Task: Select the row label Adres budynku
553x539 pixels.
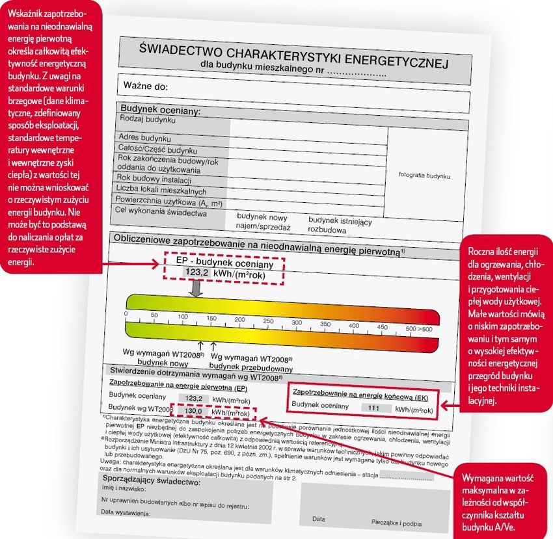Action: [144, 138]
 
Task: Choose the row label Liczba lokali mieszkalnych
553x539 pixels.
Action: [161, 191]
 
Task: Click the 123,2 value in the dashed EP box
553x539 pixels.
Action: [196, 273]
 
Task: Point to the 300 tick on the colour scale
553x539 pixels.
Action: [297, 322]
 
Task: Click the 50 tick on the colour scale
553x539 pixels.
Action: [154, 315]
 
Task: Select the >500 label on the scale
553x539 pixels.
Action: [419, 329]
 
